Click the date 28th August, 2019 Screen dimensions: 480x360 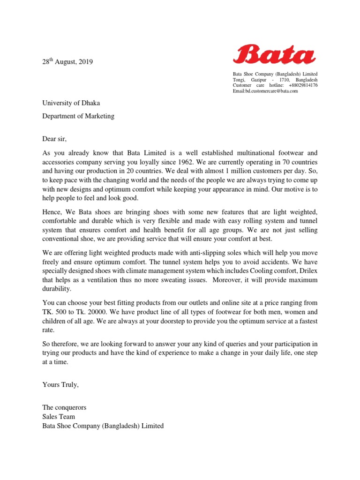click(67, 61)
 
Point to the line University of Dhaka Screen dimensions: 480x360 click(71, 103)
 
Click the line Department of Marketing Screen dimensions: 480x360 click(78, 116)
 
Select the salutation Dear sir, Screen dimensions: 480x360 click(55, 139)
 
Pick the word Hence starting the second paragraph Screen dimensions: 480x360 click(52, 212)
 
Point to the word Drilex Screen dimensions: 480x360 click(307, 271)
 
